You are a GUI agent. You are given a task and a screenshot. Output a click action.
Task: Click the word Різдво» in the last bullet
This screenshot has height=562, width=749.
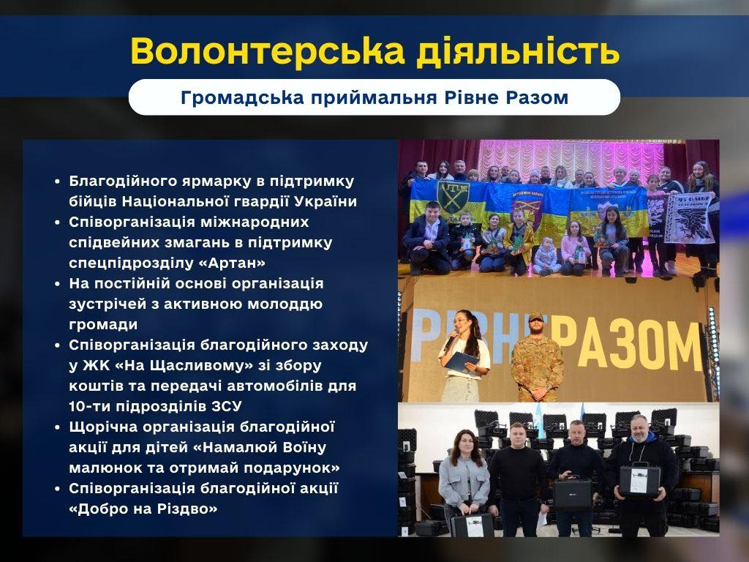pos(187,509)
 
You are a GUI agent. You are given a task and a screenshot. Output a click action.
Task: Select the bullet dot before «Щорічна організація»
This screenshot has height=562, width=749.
pos(57,427)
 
